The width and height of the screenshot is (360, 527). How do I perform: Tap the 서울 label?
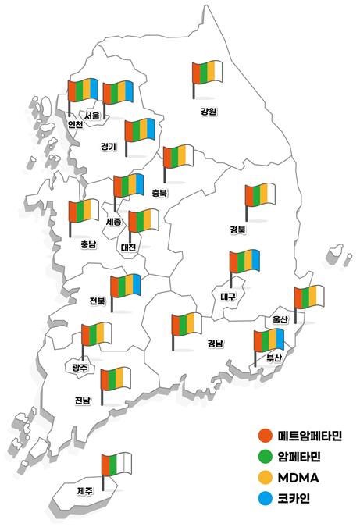click(x=92, y=116)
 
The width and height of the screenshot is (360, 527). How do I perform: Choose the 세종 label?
click(x=113, y=222)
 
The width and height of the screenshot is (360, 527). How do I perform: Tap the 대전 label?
click(x=128, y=247)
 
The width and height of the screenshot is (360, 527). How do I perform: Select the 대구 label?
click(x=228, y=297)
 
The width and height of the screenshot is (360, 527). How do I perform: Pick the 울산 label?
click(x=280, y=319)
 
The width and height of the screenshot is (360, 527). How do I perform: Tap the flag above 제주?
click(x=116, y=465)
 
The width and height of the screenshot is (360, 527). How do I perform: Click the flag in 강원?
click(x=208, y=73)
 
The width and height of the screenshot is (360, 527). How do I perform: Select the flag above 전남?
click(x=116, y=380)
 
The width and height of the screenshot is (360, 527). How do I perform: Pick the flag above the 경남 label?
click(x=187, y=325)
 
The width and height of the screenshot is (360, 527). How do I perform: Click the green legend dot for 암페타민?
click(x=264, y=456)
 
